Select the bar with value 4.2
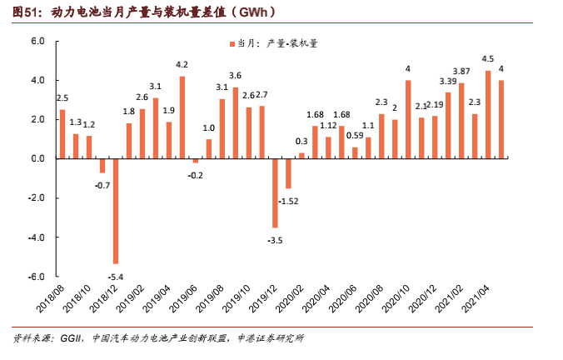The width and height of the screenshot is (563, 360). [x=182, y=117]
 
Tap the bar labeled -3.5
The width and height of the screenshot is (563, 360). [x=275, y=192]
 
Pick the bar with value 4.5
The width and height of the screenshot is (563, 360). [x=488, y=114]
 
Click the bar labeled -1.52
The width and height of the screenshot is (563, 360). [x=288, y=173]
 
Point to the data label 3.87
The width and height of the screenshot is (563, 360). [x=461, y=71]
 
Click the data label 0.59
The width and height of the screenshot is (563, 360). [x=355, y=135]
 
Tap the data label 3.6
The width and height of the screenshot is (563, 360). [x=236, y=76]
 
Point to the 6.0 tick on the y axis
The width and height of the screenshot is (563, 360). [x=37, y=41]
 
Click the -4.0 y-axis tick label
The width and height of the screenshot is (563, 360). [x=36, y=237]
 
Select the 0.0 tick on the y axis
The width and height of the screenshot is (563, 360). [x=37, y=158]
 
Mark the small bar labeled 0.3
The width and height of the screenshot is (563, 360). [x=301, y=155]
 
